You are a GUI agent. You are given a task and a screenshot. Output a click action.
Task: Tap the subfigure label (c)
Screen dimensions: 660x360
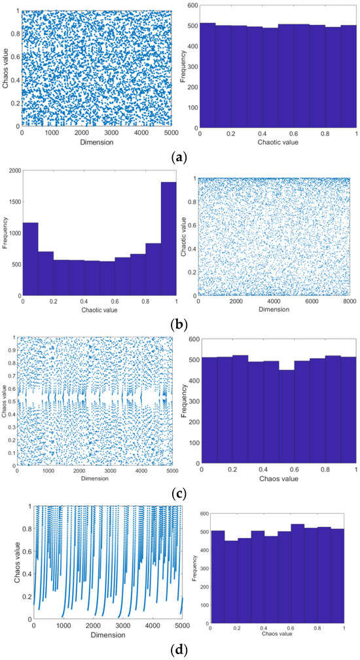click(180, 487)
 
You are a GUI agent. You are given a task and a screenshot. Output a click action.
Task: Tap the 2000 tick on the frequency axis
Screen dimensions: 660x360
click(12, 170)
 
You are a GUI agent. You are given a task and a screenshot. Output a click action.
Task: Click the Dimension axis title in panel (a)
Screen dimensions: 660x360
click(97, 142)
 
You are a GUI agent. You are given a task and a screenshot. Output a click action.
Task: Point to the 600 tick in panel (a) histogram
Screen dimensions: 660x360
click(190, 5)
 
